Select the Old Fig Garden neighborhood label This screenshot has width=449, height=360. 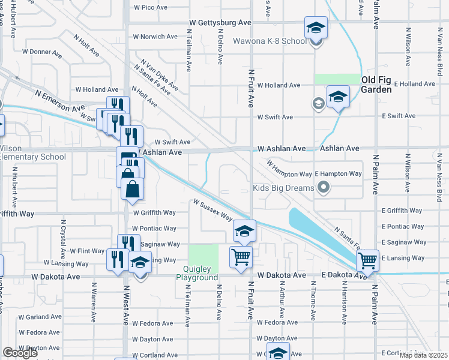pos(376,85)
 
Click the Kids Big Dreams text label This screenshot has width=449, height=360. pos(284,188)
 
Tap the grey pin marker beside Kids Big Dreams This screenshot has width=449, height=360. pos(324,188)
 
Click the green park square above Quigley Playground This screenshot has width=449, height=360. pos(203,256)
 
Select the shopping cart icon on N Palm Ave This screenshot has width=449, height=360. pos(367,260)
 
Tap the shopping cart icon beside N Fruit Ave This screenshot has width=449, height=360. pos(241,257)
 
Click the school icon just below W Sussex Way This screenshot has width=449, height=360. pos(244,230)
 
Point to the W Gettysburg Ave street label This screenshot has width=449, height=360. pos(220,22)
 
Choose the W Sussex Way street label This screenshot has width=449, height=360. pos(212,211)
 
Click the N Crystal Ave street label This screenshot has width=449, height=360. pos(63,234)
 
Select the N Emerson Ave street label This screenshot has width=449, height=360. pos(59,101)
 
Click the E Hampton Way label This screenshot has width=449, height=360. pos(338,173)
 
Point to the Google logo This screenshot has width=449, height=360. pos(20,353)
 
